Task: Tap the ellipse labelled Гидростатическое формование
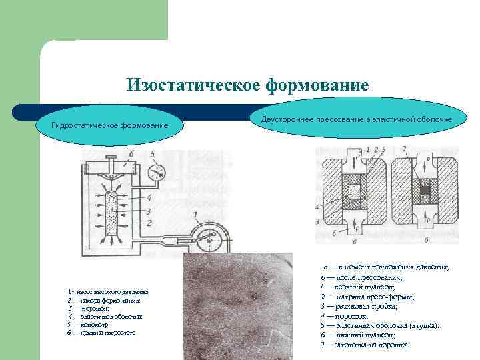click(110, 126)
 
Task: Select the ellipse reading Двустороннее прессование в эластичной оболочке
click(356, 119)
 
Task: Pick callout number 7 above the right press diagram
click(404, 148)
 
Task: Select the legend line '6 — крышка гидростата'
click(101, 332)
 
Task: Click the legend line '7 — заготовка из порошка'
click(364, 345)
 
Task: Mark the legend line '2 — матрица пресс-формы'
click(367, 296)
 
